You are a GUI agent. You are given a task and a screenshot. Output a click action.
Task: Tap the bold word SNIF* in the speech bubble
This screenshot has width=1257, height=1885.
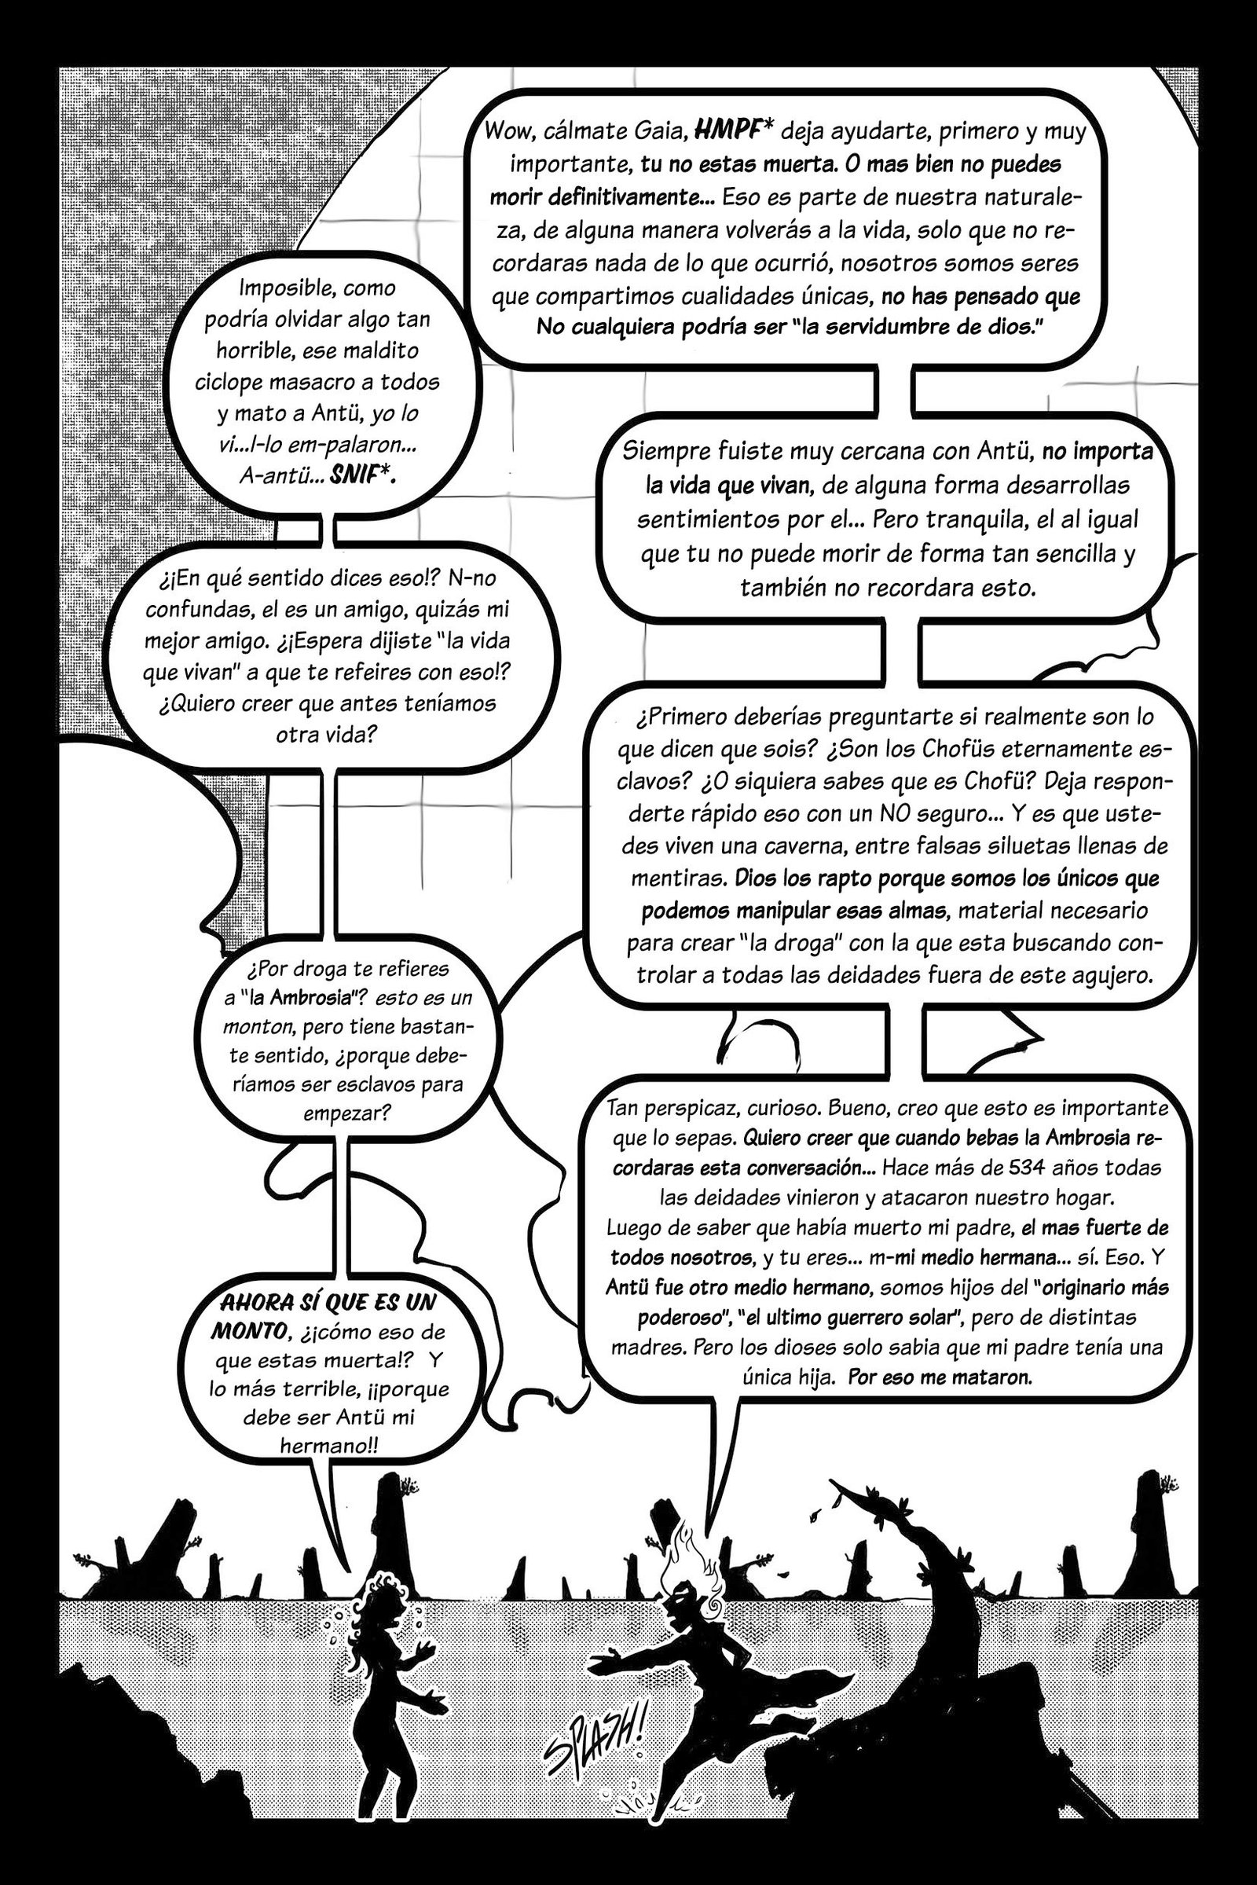click(365, 476)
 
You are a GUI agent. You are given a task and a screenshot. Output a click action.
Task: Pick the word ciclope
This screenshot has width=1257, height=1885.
click(229, 382)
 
